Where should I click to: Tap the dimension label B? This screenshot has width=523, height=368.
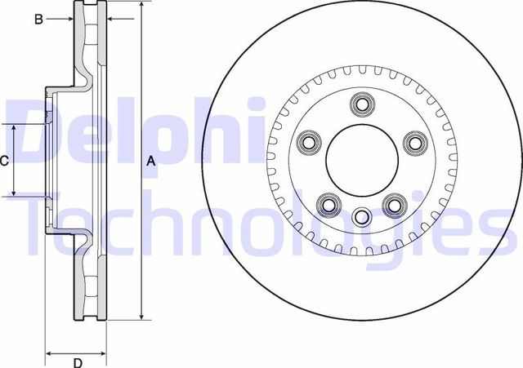[38, 19]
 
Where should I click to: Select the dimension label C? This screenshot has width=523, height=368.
[4, 161]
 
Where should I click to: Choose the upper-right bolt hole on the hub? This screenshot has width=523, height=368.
[413, 143]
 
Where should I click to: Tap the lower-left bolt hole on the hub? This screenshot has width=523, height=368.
[330, 203]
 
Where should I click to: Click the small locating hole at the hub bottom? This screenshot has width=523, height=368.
[362, 215]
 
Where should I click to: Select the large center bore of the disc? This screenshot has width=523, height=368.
[361, 161]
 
